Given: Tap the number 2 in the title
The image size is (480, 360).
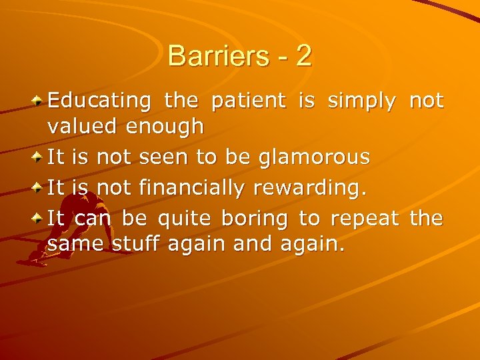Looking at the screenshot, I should (x=303, y=56).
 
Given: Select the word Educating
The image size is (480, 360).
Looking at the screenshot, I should (x=99, y=101).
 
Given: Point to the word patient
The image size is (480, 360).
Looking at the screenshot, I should (x=249, y=101).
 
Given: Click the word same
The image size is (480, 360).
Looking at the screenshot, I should (x=71, y=245).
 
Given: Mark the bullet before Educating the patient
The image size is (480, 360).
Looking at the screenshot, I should (x=39, y=101).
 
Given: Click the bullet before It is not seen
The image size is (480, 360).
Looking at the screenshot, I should (x=39, y=157).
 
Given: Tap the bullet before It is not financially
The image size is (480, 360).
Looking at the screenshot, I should (x=39, y=188).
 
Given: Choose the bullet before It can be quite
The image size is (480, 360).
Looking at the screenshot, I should (x=39, y=219).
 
